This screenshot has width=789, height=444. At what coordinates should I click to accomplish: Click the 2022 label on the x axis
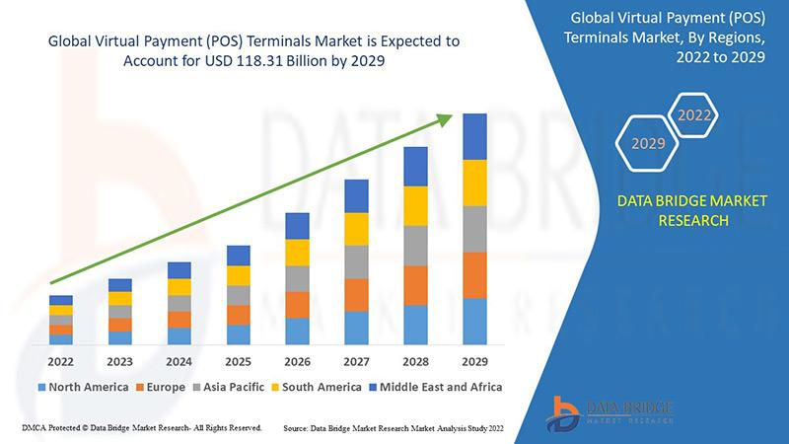tap(61, 361)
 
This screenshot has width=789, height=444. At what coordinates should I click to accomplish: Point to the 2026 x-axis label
tap(297, 361)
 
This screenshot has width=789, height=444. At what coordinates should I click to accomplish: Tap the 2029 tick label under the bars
tap(474, 361)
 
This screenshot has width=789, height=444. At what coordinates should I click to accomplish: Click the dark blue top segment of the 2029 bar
tap(474, 136)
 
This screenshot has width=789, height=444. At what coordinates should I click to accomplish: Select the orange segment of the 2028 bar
tap(415, 285)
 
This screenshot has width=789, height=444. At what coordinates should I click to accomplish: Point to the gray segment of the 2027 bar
tap(356, 261)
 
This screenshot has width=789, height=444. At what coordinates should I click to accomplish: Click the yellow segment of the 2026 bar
tap(297, 253)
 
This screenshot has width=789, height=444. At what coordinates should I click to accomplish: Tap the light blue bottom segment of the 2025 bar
tap(238, 334)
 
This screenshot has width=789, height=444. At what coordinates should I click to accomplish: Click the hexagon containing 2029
tap(647, 144)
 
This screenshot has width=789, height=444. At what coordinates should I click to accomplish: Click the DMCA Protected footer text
tap(139, 428)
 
